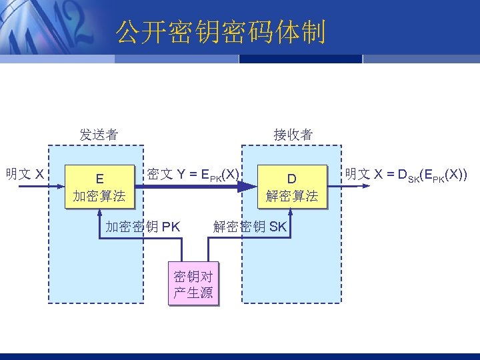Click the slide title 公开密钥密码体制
tap(221, 32)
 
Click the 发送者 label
tap(99, 135)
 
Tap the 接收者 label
tap(293, 135)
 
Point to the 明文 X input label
tap(25, 175)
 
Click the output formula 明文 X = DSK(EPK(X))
tap(405, 175)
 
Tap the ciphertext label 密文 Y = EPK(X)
tap(193, 175)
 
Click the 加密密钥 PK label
tap(143, 227)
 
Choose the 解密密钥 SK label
tap(250, 227)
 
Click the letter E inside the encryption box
tap(99, 179)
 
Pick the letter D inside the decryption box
tap(292, 179)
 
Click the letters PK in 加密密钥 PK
tap(171, 227)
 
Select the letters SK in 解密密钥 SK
tap(278, 227)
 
